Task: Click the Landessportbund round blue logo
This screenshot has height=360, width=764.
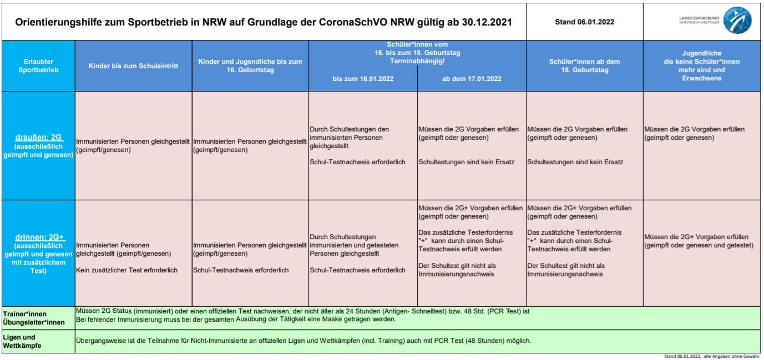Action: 737,21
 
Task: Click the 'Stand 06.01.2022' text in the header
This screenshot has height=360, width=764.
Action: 584,22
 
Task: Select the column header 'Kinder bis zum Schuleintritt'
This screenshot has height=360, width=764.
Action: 133,66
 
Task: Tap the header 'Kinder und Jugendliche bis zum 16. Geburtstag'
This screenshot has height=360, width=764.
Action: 250,66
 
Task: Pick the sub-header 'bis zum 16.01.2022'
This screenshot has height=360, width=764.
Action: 363,79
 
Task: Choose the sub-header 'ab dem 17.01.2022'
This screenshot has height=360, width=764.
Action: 472,79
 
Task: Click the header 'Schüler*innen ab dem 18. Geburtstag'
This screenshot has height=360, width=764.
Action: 584,66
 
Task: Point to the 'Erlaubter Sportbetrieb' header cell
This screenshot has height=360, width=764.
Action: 38,66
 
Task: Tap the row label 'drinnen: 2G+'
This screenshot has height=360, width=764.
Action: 38,237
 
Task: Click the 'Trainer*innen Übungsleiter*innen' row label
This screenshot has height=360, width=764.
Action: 33,318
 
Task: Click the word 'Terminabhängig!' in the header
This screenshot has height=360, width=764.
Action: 417,60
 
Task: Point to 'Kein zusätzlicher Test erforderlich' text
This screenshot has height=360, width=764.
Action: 127,270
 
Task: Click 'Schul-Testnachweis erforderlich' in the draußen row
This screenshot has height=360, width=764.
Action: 357,162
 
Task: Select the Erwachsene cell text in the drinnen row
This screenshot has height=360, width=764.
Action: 699,241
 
